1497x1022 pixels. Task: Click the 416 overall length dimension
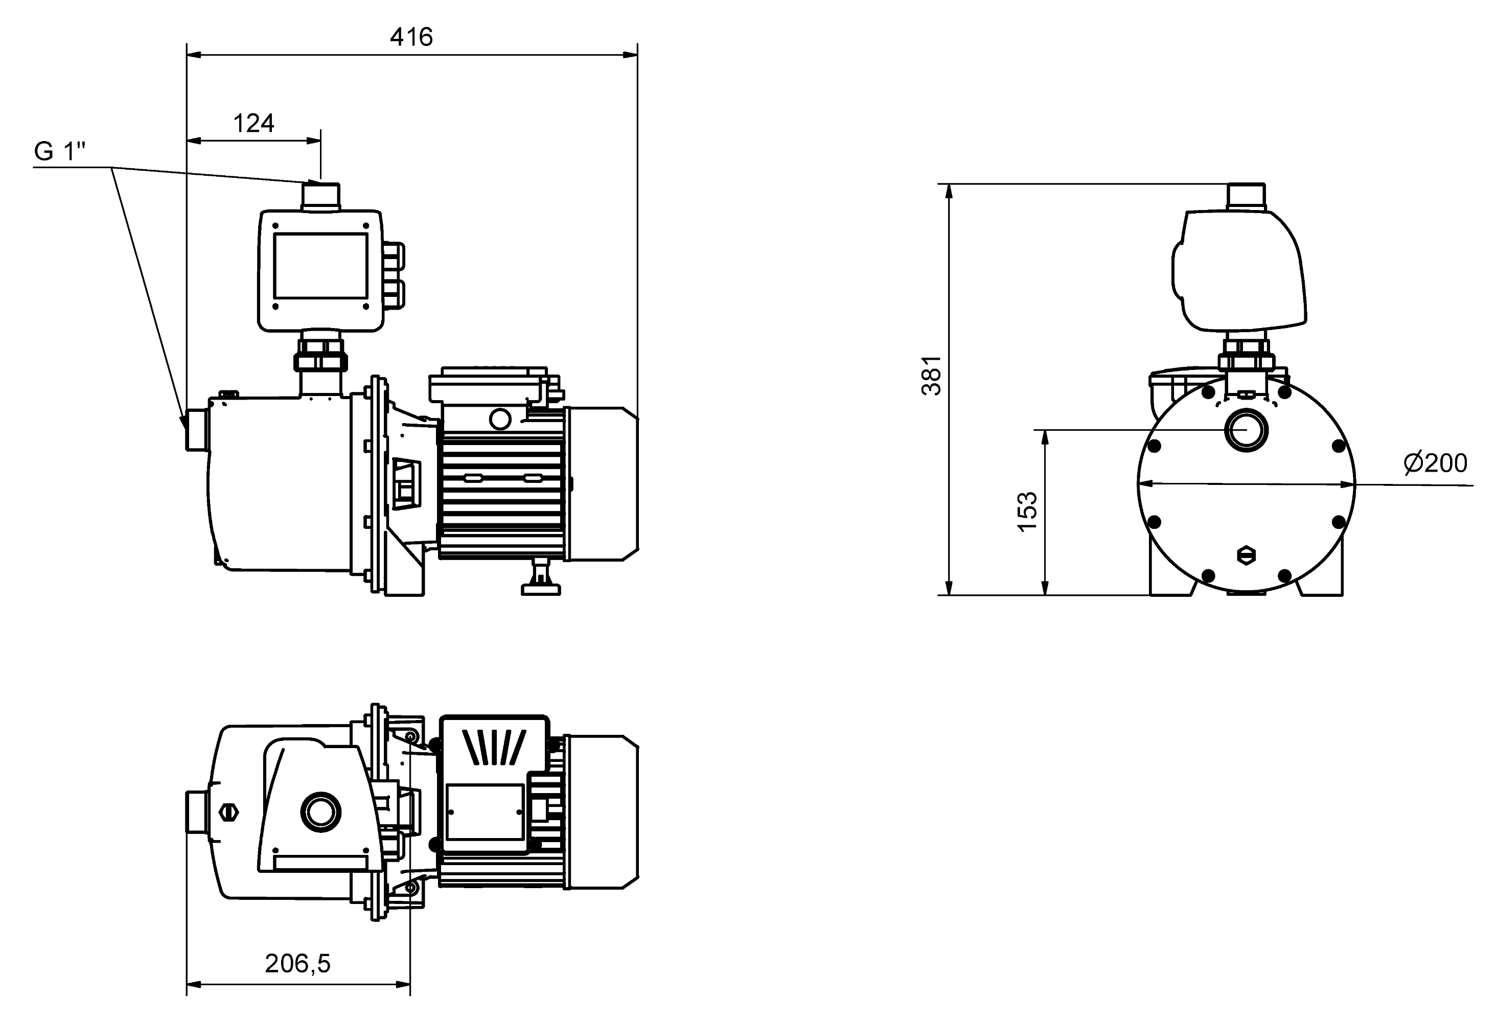pos(411,37)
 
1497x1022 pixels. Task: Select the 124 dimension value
pos(254,123)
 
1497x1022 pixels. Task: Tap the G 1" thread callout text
pos(60,152)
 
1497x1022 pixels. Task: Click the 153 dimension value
pos(1027,512)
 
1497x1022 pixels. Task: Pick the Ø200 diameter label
pos(1435,463)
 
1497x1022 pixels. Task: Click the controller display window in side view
pos(320,266)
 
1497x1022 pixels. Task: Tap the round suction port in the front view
pos(1246,430)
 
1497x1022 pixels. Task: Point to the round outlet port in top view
pos(320,812)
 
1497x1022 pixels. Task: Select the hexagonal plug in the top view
pos(227,812)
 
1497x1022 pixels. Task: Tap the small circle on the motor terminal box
pos(500,419)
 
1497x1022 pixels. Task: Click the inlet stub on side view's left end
pos(196,430)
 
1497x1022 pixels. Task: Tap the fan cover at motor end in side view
pos(602,483)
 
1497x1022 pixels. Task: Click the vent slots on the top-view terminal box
pos(494,747)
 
